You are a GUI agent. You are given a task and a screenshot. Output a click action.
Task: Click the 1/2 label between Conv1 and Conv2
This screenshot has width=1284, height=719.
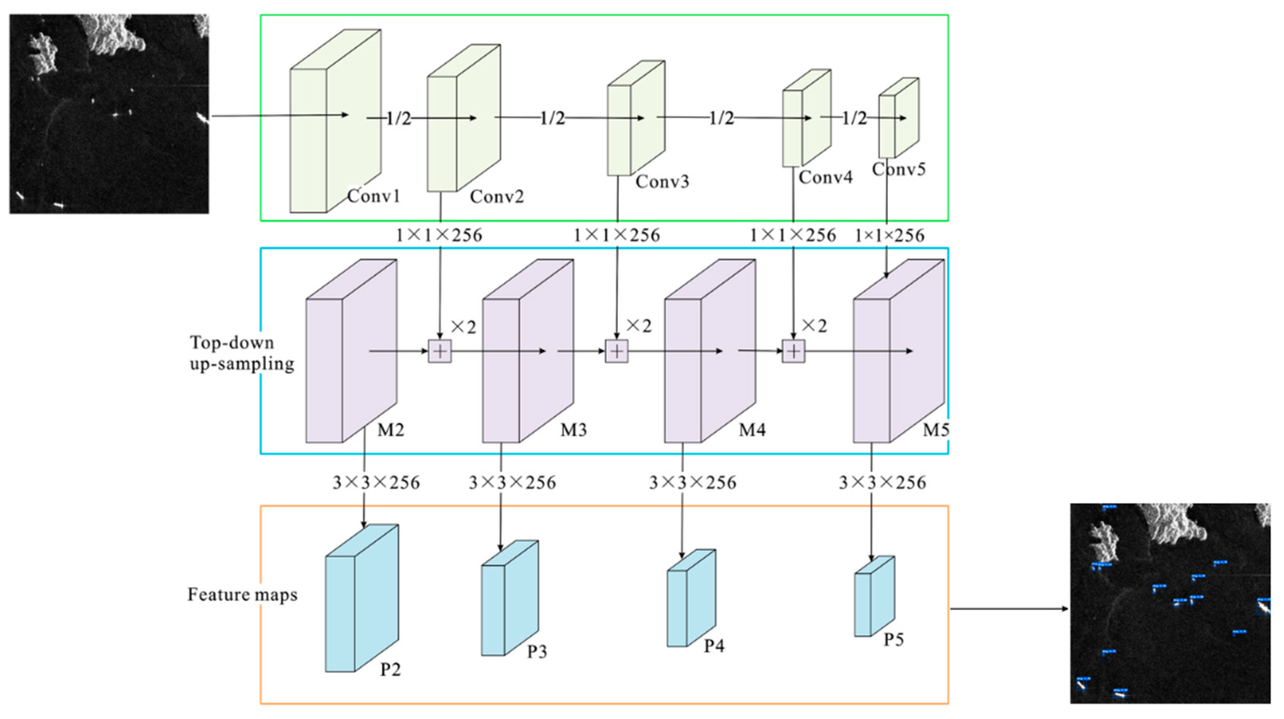pyautogui.click(x=399, y=118)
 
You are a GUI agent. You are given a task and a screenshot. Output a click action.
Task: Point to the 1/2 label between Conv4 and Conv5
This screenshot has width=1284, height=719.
pyautogui.click(x=854, y=118)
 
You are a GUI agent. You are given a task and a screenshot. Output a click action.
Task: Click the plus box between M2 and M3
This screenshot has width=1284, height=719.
pyautogui.click(x=440, y=352)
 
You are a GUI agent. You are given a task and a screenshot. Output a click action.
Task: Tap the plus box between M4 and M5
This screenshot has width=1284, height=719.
pyautogui.click(x=793, y=352)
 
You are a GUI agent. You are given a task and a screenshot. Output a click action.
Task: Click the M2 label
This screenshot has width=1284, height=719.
pyautogui.click(x=390, y=430)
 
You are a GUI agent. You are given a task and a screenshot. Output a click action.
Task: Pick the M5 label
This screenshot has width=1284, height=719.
pyautogui.click(x=936, y=430)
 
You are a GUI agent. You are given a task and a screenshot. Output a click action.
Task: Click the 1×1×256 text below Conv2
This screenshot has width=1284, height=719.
pyautogui.click(x=439, y=235)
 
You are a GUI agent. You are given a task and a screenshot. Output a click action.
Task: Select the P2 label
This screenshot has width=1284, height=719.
pyautogui.click(x=390, y=669)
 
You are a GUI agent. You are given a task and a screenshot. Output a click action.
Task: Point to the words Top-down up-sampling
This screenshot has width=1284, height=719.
pyautogui.click(x=242, y=353)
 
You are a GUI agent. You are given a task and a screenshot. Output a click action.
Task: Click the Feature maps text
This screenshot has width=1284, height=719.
pyautogui.click(x=242, y=594)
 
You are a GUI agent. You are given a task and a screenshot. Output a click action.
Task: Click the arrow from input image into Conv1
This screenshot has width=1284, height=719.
pyautogui.click(x=279, y=116)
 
